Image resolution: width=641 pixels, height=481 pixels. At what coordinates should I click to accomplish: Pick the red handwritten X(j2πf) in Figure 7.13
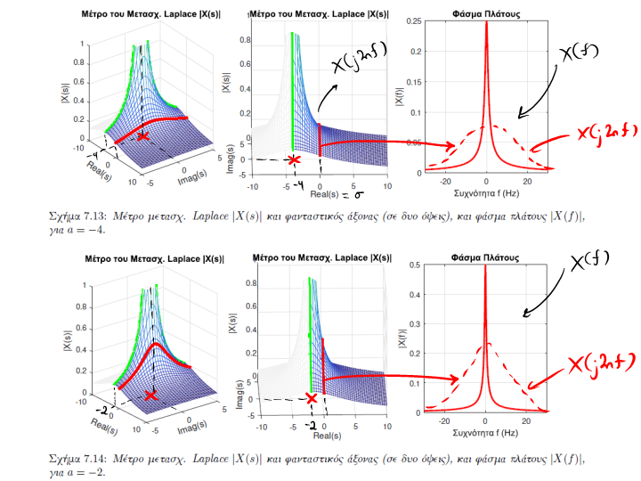(605, 134)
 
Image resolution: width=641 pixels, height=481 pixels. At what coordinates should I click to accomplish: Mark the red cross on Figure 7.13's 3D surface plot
(143, 136)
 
